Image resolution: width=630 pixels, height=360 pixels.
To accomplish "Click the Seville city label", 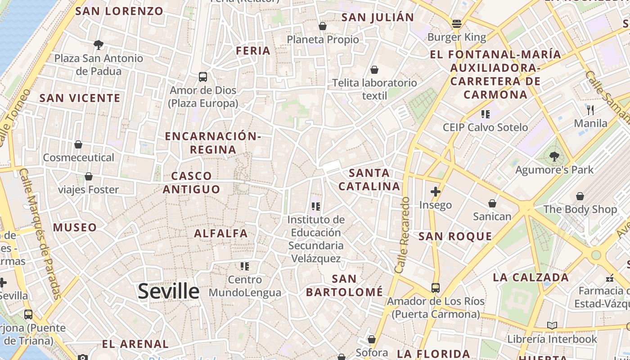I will tap(168, 291).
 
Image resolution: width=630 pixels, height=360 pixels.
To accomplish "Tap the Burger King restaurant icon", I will tap(457, 24).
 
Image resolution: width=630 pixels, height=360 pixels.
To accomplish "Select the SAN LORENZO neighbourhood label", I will tap(119, 11).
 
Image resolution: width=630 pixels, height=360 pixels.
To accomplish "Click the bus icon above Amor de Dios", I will tap(203, 76).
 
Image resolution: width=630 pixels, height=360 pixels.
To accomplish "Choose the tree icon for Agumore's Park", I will tap(554, 157).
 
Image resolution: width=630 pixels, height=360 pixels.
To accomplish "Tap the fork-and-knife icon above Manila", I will tap(590, 110).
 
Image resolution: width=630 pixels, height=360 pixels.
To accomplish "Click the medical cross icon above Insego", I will tap(435, 192).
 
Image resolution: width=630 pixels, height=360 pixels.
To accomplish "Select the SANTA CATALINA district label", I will tap(369, 180).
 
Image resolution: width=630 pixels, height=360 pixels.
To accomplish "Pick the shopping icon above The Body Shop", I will tap(580, 196).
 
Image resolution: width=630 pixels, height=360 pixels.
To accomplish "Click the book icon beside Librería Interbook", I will tap(552, 325).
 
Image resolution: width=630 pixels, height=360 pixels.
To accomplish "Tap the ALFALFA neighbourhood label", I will tap(220, 233).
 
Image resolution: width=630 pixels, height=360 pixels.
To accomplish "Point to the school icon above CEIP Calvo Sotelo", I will tap(485, 114).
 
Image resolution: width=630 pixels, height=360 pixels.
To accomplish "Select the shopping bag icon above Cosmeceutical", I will tap(78, 144).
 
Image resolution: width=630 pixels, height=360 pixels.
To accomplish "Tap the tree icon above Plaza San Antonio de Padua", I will tap(99, 45).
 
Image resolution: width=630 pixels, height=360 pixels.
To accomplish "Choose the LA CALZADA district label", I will tap(531, 277).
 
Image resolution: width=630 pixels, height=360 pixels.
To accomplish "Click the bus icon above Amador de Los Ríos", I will tap(435, 288).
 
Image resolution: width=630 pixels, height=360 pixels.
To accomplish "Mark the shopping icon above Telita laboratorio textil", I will tap(374, 70).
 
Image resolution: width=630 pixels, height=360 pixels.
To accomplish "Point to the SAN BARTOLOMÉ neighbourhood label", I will tap(344, 285).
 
